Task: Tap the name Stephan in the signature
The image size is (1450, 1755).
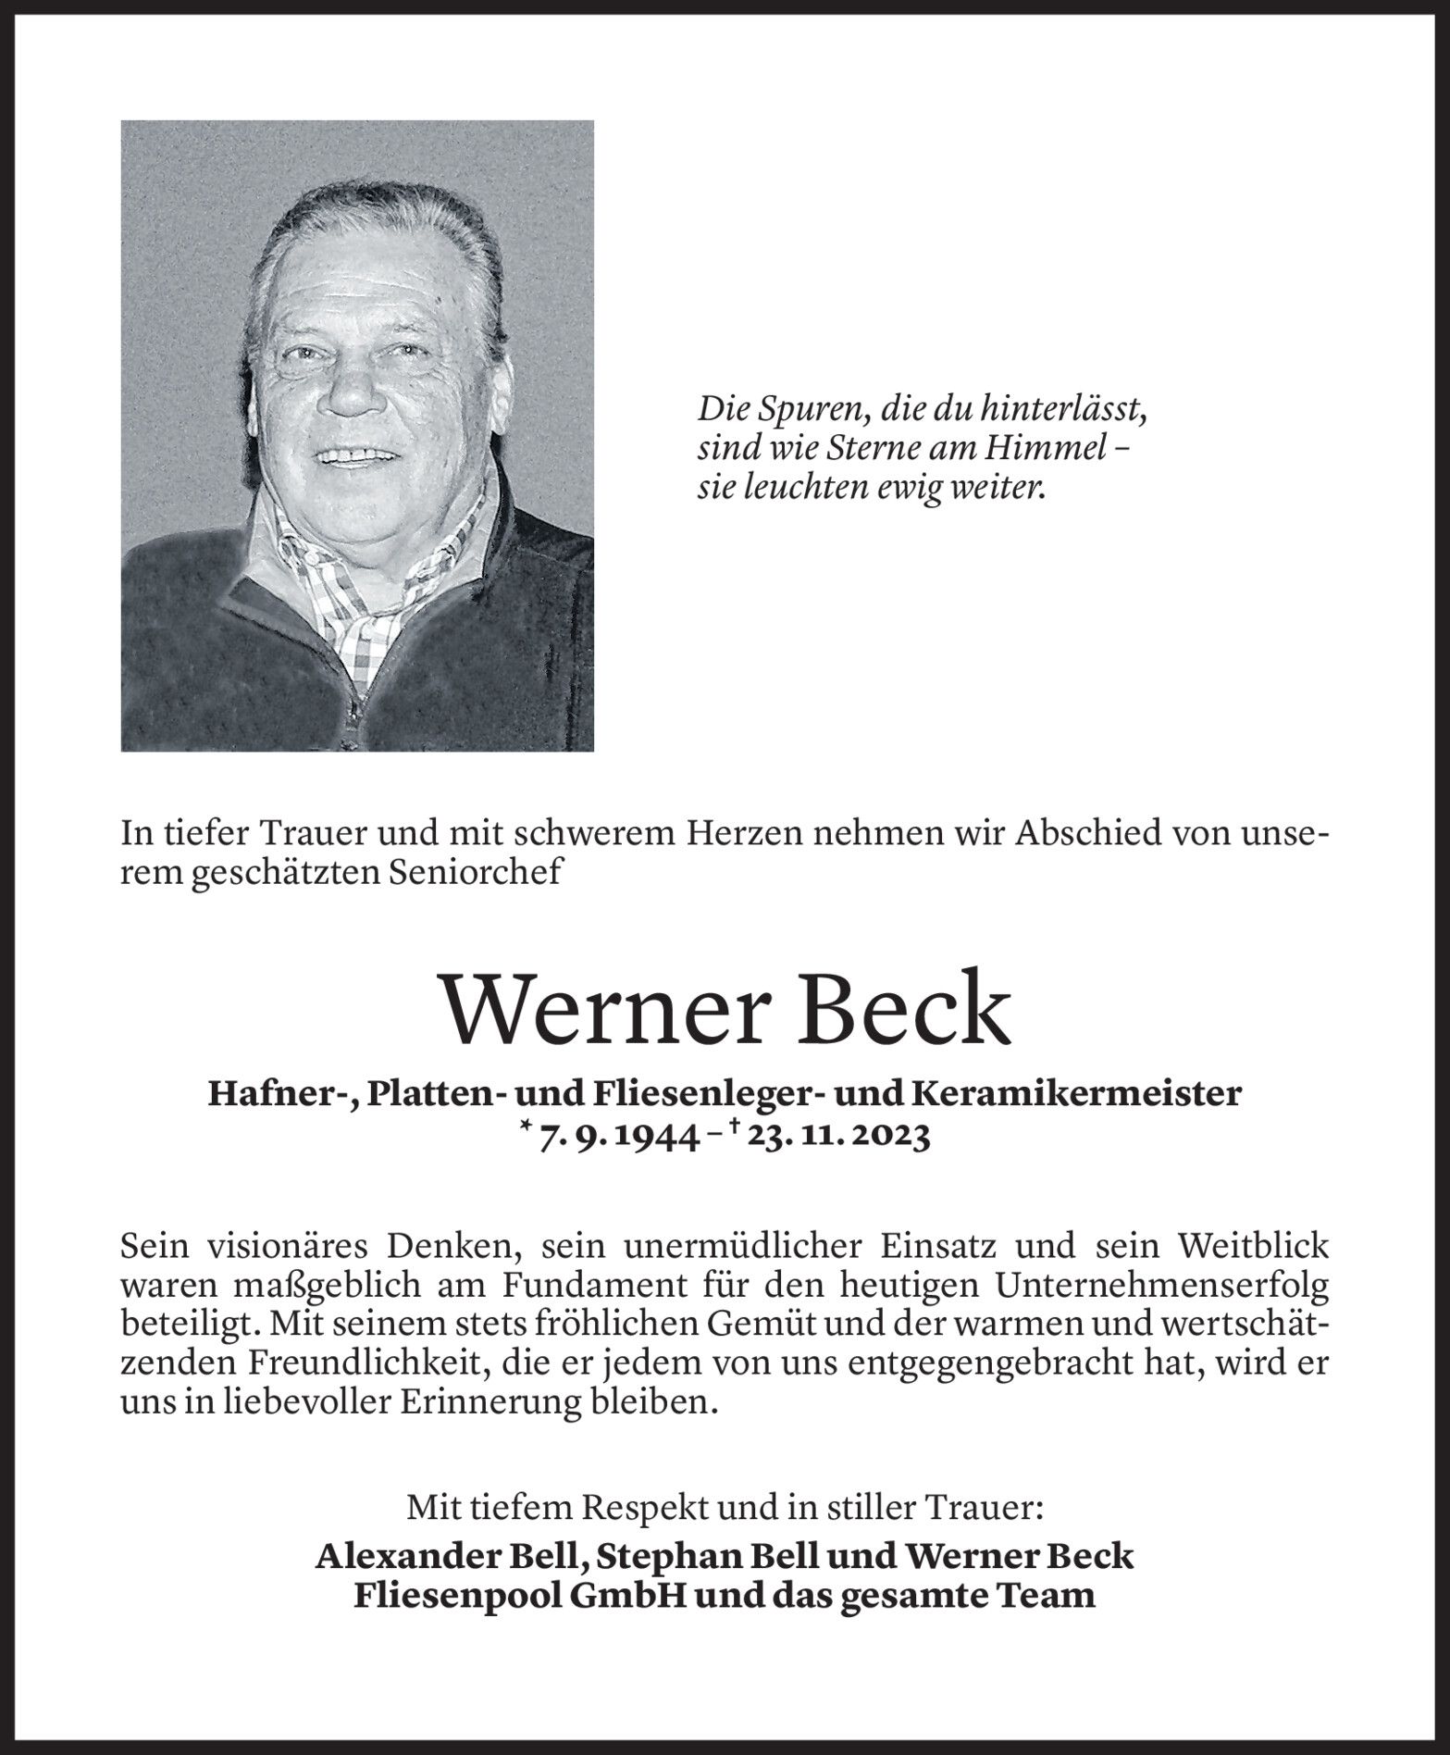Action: [x=660, y=1556]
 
